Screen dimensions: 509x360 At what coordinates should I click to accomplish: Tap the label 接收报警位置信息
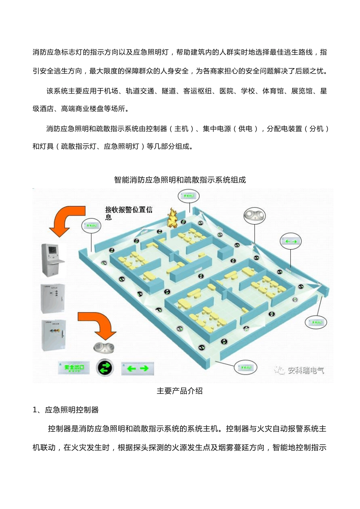128,212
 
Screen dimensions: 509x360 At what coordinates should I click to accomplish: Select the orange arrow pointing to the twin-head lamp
98,324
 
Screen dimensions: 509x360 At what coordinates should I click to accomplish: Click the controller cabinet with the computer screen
53,260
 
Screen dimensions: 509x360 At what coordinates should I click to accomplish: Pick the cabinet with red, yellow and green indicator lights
54,335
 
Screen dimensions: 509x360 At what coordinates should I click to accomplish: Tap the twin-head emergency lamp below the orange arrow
103,347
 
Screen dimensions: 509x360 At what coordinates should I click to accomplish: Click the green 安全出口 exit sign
74,367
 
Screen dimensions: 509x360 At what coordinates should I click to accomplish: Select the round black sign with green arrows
105,367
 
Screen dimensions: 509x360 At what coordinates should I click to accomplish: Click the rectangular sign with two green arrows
138,368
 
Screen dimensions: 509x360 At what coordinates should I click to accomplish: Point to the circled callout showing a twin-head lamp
254,215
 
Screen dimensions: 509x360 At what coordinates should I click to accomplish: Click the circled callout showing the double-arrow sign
291,241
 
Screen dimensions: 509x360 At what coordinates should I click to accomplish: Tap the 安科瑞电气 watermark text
305,370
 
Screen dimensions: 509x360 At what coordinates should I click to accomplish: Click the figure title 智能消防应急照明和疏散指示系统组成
180,180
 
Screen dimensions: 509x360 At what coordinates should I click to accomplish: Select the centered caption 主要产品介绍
180,391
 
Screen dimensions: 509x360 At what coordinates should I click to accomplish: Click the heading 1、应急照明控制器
66,410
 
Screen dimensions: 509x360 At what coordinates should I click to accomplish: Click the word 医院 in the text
227,91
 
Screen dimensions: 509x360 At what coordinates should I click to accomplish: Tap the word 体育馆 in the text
273,91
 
